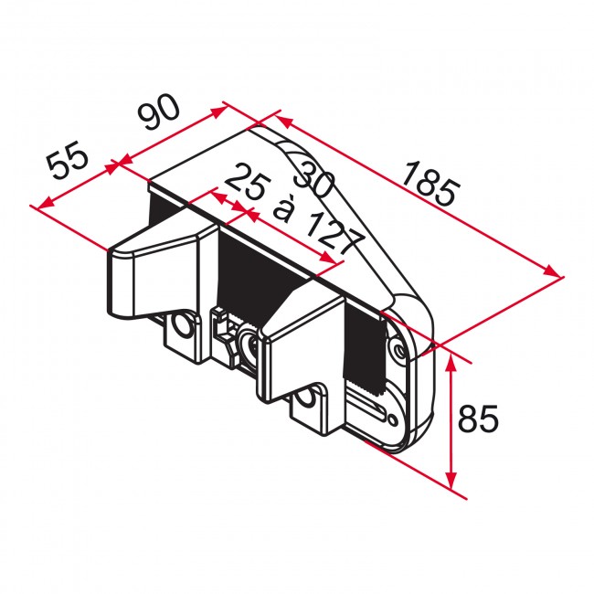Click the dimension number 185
[x=430, y=184]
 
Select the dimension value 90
[x=158, y=111]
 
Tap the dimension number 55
[x=68, y=160]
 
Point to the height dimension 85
[x=478, y=419]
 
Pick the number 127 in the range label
[x=334, y=234]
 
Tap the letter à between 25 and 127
[x=283, y=209]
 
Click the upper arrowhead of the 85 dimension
[x=451, y=361]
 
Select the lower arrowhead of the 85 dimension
[x=451, y=480]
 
